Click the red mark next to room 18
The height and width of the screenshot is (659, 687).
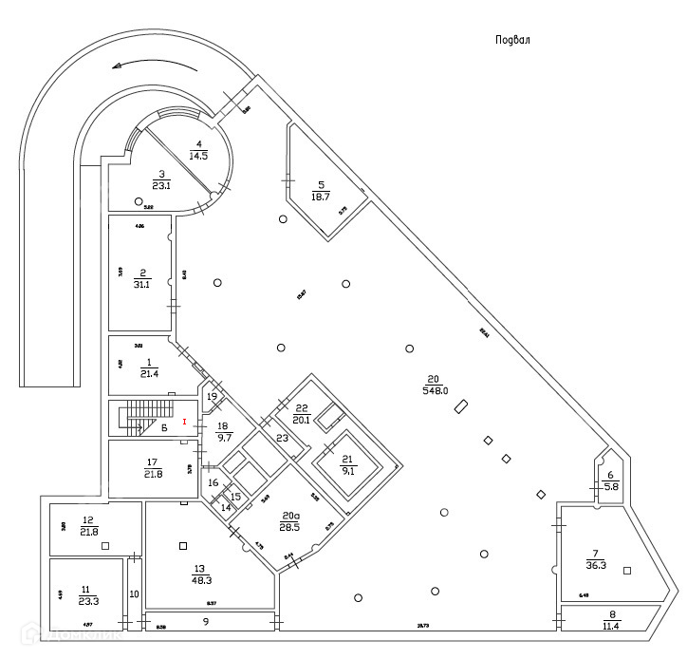pos(184,420)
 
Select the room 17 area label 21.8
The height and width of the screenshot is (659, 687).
pos(152,468)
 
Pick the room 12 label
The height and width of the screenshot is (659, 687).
pos(88,526)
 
